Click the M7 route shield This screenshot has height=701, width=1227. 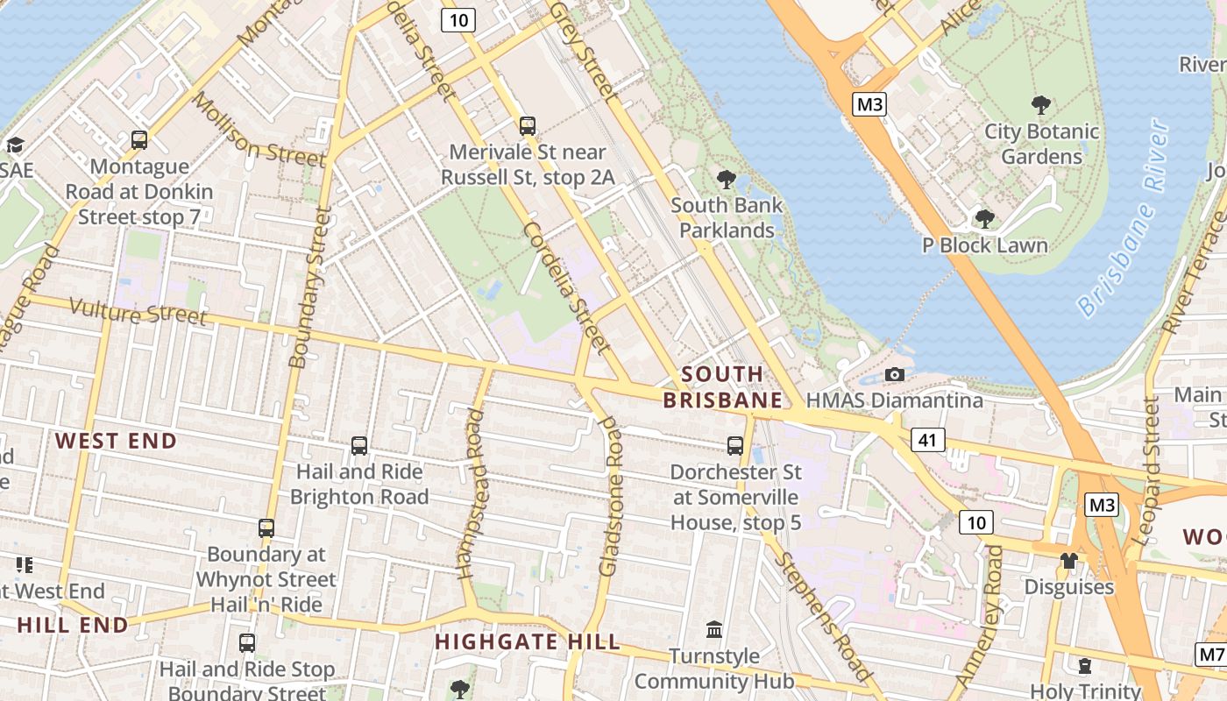pos(1211,655)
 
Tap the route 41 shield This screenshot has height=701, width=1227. pos(927,439)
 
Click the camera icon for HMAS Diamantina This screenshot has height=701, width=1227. pos(894,375)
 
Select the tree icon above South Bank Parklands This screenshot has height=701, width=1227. pos(725,180)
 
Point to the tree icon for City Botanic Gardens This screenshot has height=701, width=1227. pos(1041,106)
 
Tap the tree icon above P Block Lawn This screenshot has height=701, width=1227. pos(984,218)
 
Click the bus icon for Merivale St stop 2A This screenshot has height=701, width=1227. pos(527,126)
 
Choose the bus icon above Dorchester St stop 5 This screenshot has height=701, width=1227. pos(735,446)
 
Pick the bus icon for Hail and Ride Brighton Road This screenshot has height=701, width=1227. pos(358,446)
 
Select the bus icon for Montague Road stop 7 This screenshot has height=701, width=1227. pos(138,140)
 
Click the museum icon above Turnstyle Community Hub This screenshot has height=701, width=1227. pos(714,630)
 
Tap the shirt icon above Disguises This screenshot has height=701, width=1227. pos(1068,561)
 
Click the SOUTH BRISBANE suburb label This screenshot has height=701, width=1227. pos(722,387)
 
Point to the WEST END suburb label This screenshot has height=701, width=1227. pos(117,441)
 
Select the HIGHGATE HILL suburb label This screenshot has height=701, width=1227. pos(527,641)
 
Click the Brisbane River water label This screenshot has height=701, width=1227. pos(1125,219)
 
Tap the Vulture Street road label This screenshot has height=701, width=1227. pos(138,311)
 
